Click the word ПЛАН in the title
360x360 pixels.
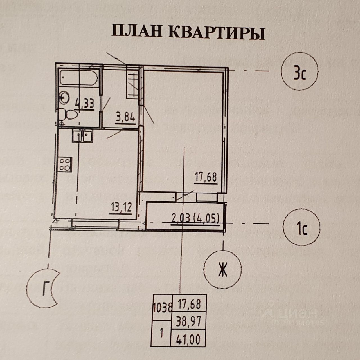[137, 32]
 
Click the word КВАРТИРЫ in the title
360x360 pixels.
[217, 33]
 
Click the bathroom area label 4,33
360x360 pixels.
[84, 104]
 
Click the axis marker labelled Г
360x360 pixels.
[44, 288]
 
